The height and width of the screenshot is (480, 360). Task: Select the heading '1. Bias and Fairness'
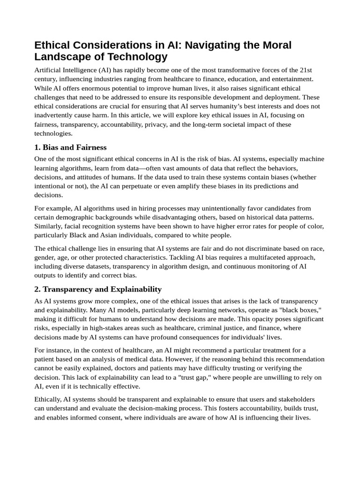coord(70,147)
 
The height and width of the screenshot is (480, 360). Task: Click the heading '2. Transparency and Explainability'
coord(97,289)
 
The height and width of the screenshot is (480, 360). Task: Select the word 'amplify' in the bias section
coord(175,186)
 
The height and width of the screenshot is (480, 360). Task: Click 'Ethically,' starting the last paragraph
coord(49,399)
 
